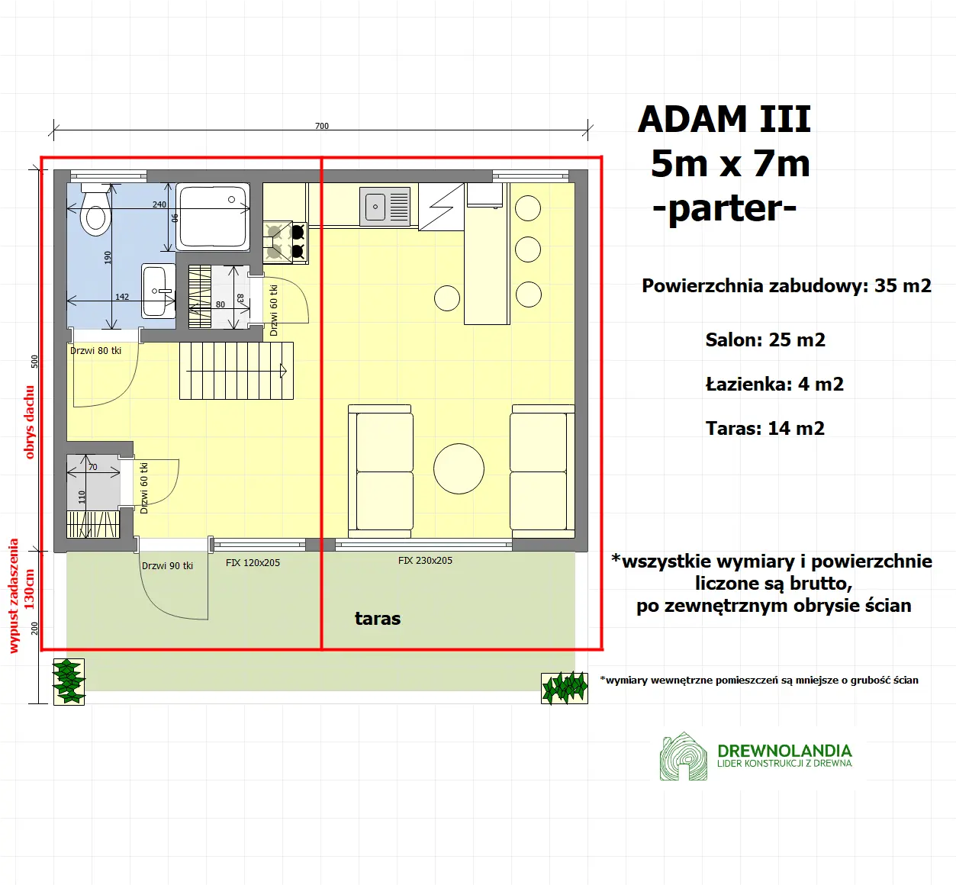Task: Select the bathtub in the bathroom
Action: tap(213, 217)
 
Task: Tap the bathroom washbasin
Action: tap(158, 291)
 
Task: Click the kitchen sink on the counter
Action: tap(385, 207)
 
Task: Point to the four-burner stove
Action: tap(285, 241)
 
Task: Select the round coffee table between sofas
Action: tap(459, 468)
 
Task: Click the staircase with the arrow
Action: tap(237, 371)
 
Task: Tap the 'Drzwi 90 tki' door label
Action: tap(167, 566)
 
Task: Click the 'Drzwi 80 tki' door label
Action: tap(96, 351)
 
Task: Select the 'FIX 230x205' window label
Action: tap(425, 561)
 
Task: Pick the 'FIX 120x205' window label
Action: tap(253, 563)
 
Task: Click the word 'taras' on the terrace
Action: tap(378, 619)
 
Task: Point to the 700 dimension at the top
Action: tap(322, 126)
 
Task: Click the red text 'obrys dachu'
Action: tap(30, 422)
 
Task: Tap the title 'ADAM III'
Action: tap(724, 120)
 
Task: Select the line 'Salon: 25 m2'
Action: tap(765, 340)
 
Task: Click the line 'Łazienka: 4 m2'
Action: tap(774, 385)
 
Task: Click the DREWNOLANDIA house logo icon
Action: tap(683, 757)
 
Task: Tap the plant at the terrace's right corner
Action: tap(565, 687)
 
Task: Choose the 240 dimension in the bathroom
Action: tap(159, 204)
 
